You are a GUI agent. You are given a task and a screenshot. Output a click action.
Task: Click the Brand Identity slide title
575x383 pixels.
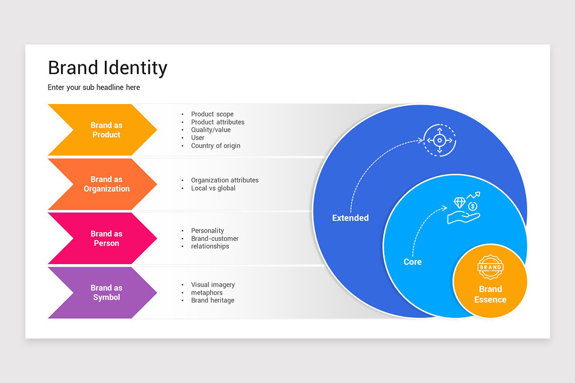(107, 68)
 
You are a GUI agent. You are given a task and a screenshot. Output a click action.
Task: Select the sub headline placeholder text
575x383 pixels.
(94, 88)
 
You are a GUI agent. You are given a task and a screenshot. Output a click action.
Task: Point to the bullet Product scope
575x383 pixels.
(212, 114)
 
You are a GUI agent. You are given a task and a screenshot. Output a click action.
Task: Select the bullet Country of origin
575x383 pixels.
(216, 146)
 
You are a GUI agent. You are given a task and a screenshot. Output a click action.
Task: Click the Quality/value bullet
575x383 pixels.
(211, 130)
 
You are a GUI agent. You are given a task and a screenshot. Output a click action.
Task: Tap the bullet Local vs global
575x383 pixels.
(213, 188)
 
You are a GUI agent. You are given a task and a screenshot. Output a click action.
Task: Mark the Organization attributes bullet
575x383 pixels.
(225, 180)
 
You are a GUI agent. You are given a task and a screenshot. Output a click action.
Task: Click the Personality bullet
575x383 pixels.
(207, 231)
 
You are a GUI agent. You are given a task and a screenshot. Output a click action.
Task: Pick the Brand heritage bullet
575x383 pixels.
(213, 301)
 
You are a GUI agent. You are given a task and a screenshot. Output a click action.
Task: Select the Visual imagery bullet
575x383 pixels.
(213, 285)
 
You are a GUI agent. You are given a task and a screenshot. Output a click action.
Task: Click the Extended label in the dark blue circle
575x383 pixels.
(350, 218)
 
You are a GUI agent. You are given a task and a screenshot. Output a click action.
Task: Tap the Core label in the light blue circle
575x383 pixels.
(413, 262)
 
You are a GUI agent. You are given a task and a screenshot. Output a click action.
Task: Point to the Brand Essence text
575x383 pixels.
(490, 294)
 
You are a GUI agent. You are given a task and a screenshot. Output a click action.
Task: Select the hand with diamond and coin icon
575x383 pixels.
(463, 209)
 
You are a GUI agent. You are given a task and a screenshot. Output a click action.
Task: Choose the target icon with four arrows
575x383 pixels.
(440, 140)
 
